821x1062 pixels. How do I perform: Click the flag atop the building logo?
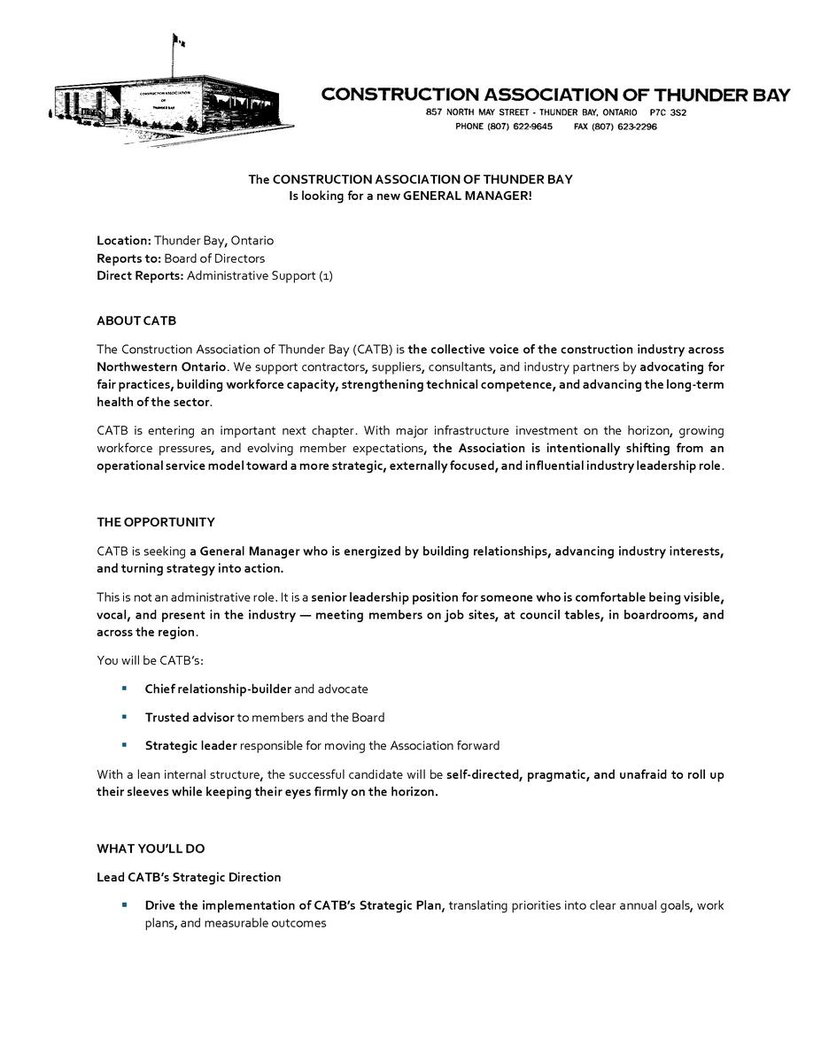[178, 41]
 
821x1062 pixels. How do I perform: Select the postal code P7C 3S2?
[668, 113]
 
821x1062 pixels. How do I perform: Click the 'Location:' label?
[124, 241]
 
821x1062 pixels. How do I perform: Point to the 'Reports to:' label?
[128, 258]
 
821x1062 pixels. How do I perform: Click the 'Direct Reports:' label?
[140, 276]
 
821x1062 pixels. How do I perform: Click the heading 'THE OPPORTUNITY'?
[155, 522]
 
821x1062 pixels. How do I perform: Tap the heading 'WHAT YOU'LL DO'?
[151, 849]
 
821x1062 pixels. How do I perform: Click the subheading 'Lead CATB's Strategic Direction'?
[189, 878]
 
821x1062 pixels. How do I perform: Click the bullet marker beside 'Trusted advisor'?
[125, 717]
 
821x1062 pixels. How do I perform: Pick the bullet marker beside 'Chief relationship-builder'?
[125, 689]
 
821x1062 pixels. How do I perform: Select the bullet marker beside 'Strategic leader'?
[125, 745]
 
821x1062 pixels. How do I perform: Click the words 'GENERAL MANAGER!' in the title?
[468, 196]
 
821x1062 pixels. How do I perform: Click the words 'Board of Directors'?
[214, 258]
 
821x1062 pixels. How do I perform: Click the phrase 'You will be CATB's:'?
[150, 661]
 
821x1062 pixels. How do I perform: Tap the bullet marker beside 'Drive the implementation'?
[125, 905]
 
